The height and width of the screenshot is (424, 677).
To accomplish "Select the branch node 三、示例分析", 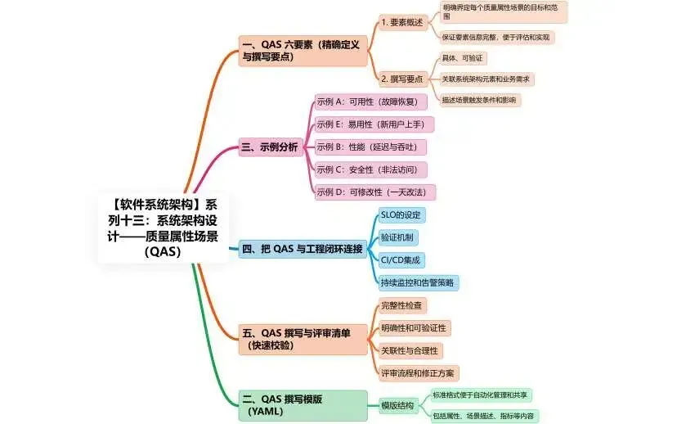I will [x=269, y=148].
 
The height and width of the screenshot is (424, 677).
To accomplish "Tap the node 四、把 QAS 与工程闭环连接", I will [x=302, y=248].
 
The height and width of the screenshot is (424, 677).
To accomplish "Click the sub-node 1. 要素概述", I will [x=402, y=23].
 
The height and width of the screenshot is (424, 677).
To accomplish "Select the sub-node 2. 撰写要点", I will [x=402, y=79].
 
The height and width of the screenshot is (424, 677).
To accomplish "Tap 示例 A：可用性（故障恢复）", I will [x=371, y=102].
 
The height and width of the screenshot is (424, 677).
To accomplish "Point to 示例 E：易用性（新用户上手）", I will [x=374, y=124].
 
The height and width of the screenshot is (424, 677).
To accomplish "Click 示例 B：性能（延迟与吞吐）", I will [x=371, y=147].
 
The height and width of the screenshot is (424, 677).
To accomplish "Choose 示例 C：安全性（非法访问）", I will [x=371, y=170].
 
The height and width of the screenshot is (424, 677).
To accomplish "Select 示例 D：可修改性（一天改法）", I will [x=375, y=192].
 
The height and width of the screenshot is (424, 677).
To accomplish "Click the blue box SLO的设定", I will [x=401, y=214].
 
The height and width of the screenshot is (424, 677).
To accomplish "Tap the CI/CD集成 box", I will [x=401, y=260].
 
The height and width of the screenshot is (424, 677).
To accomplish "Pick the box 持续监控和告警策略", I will [x=418, y=282].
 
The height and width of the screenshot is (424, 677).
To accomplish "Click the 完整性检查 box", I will [x=402, y=305].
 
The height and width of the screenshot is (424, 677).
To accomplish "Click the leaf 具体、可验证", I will [x=463, y=59].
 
